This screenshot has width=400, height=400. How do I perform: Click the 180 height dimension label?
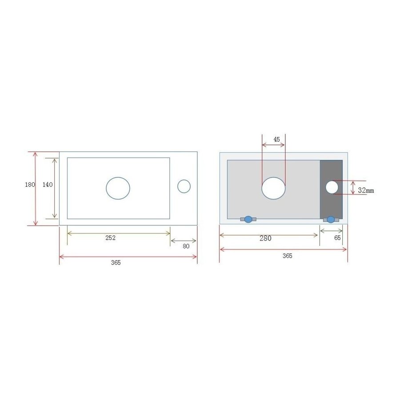pyautogui.click(x=30, y=185)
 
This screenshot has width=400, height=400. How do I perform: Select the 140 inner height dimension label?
pyautogui.click(x=48, y=185)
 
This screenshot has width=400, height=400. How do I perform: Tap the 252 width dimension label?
pyautogui.click(x=110, y=238)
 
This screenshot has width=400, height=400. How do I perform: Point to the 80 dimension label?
pyautogui.click(x=186, y=246)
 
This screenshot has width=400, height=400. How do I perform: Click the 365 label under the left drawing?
pyautogui.click(x=116, y=263)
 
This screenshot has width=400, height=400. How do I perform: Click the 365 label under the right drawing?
pyautogui.click(x=288, y=256)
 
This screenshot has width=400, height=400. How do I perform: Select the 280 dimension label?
pyautogui.click(x=265, y=238)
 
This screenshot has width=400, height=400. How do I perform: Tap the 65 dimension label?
pyautogui.click(x=337, y=238)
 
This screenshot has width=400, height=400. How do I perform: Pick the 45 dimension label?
pyautogui.click(x=277, y=139)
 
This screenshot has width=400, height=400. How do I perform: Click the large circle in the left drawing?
pyautogui.click(x=118, y=188)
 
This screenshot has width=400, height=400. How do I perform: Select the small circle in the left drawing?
pyautogui.click(x=184, y=187)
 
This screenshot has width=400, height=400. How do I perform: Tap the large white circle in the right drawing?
pyautogui.click(x=273, y=188)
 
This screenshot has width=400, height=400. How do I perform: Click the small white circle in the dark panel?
pyautogui.click(x=332, y=187)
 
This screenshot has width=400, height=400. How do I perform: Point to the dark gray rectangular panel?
pyautogui.click(x=331, y=204)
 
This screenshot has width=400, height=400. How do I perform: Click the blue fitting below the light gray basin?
pyautogui.click(x=248, y=219)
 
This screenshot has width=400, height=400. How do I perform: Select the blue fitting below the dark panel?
pyautogui.click(x=331, y=219)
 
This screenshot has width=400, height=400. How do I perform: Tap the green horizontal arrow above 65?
pyautogui.click(x=331, y=231)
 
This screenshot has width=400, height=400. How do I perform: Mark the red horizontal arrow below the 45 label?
pyautogui.click(x=273, y=145)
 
